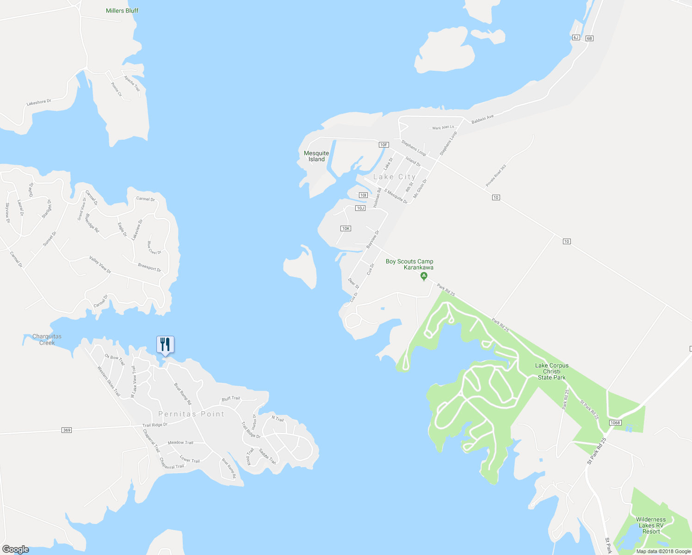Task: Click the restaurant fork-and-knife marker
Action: (165, 345)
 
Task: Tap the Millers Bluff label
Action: (122, 11)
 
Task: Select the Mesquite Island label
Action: (316, 156)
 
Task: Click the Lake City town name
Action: (394, 177)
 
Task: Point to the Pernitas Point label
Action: (191, 414)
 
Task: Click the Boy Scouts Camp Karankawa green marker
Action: (424, 277)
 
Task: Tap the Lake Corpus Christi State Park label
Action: (552, 371)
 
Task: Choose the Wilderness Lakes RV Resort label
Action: (651, 525)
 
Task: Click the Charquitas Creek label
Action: (47, 339)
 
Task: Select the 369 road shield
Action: (67, 430)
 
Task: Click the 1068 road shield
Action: (615, 423)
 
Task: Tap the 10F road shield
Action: (383, 145)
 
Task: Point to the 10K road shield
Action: (346, 228)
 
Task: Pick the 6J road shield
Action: (576, 37)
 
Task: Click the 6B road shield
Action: (589, 38)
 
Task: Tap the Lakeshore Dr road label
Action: (39, 102)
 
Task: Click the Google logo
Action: (16, 549)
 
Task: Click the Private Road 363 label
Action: (496, 176)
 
